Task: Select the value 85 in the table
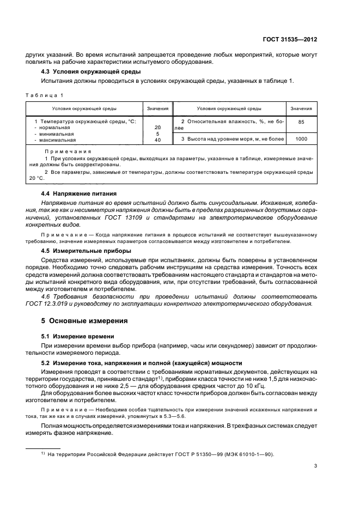[x=301, y=122]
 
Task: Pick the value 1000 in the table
[x=301, y=139]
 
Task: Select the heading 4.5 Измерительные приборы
[x=86, y=251]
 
